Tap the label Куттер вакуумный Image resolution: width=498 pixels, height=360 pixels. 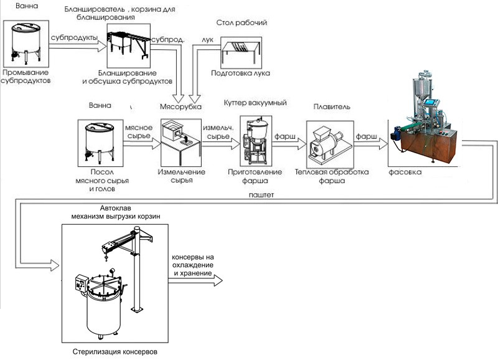coord(254,102)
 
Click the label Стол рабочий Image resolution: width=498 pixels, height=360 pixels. coord(242,23)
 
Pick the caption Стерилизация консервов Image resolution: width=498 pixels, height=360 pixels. coord(119,352)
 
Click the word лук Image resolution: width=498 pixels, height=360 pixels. coord(207,39)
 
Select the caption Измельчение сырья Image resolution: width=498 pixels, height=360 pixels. coord(179,175)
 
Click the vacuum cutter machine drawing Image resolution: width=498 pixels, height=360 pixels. coord(255,143)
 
